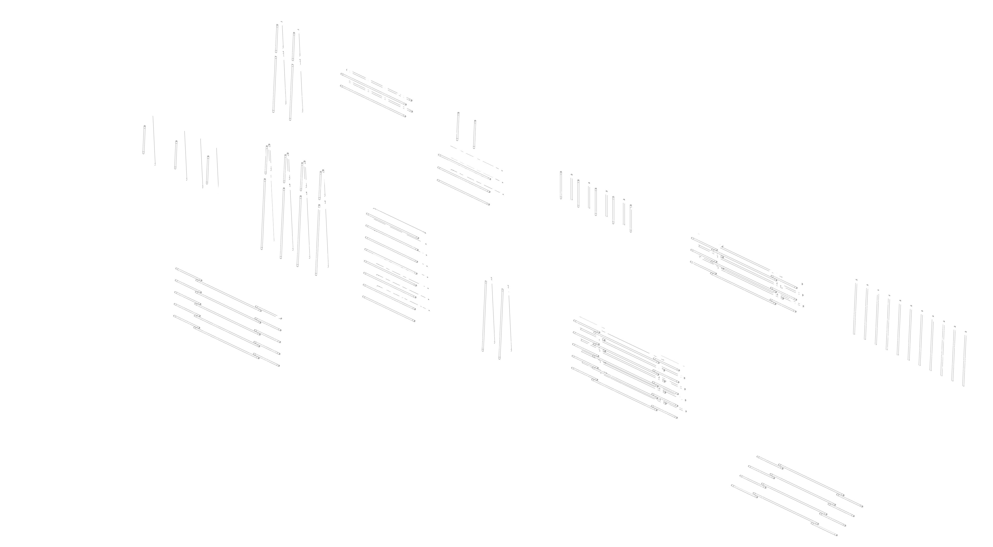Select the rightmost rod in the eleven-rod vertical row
[x=964, y=359]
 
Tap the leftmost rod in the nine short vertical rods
[x=561, y=185]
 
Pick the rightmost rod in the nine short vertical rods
[x=631, y=219]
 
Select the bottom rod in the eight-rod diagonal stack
[x=389, y=309]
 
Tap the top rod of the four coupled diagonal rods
[x=810, y=481]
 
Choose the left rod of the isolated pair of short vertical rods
[x=458, y=126]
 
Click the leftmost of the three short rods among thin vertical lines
[x=144, y=139]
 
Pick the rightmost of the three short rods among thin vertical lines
[x=207, y=170]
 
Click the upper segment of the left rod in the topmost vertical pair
[x=276, y=39]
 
